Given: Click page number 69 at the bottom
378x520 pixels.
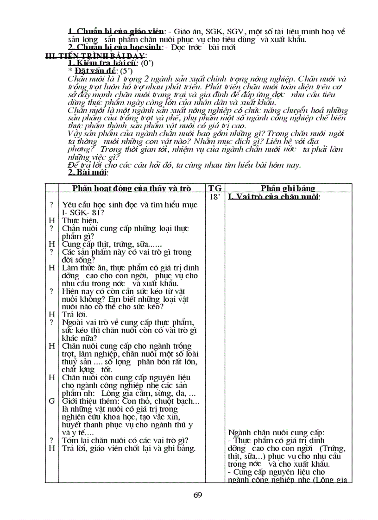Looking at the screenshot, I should (198, 495).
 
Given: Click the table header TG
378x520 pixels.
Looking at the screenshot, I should (215, 188).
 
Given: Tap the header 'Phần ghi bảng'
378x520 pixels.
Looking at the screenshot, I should (288, 188).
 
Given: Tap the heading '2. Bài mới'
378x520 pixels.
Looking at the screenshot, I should (88, 172).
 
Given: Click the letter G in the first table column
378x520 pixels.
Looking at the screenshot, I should (51, 401).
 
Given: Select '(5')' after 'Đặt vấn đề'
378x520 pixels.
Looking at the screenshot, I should (126, 71).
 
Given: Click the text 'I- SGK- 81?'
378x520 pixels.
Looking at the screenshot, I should (83, 213).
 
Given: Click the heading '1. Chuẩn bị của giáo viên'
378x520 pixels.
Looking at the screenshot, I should (116, 31).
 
